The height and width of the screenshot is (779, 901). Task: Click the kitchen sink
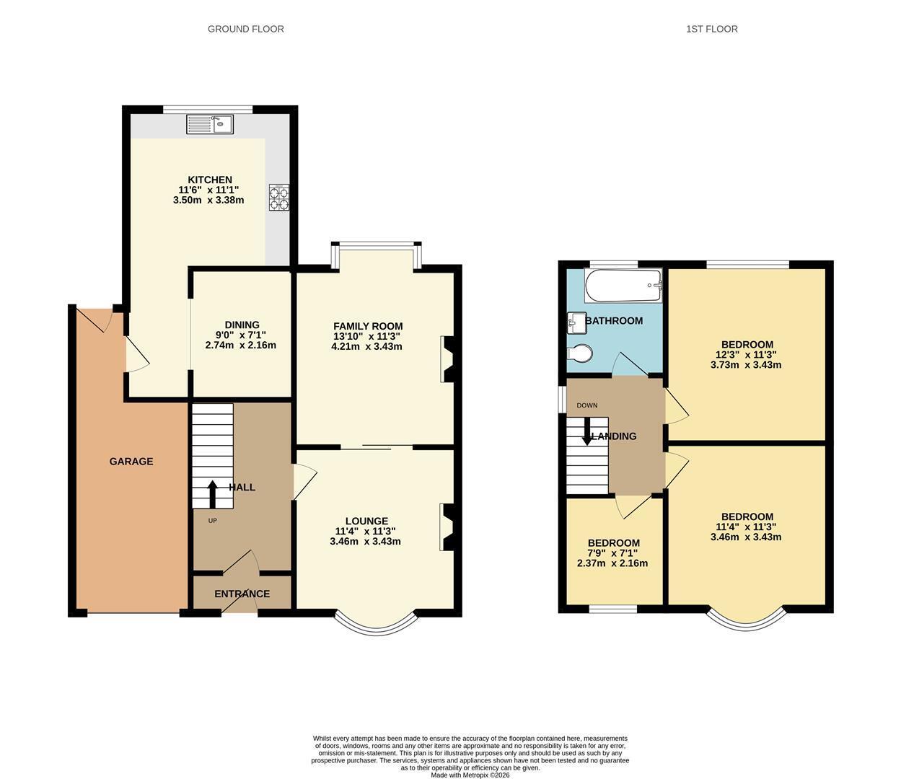pos(210,124)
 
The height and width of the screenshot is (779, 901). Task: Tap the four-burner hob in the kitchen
pos(279,198)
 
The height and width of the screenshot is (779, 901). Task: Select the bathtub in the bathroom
pos(623,286)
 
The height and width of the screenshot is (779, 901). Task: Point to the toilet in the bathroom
pos(580,353)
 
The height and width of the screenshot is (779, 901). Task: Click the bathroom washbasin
pos(576,322)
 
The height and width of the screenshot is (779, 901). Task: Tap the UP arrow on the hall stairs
pos(212,494)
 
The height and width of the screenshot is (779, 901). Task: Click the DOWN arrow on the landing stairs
pos(587,431)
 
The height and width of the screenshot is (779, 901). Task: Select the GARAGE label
pos(131,461)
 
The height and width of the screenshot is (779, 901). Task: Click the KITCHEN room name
pos(210,180)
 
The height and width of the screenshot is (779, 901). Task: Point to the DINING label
pos(242,325)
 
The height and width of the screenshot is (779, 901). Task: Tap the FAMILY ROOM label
pos(368,326)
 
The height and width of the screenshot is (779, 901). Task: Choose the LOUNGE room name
pos(366,521)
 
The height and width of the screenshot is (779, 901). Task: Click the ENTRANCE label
pos(242,594)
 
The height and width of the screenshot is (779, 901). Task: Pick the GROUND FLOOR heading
pos(246,29)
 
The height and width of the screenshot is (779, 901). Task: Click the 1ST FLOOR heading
pos(712,29)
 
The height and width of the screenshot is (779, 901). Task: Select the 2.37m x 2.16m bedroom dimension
pos(612,563)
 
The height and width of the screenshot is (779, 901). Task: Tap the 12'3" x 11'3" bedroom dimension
pos(746,355)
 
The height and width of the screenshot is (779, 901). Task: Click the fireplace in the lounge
pos(447,527)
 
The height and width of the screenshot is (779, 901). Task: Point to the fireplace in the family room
pos(447,358)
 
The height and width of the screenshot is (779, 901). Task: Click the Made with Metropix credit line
pos(470,775)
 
